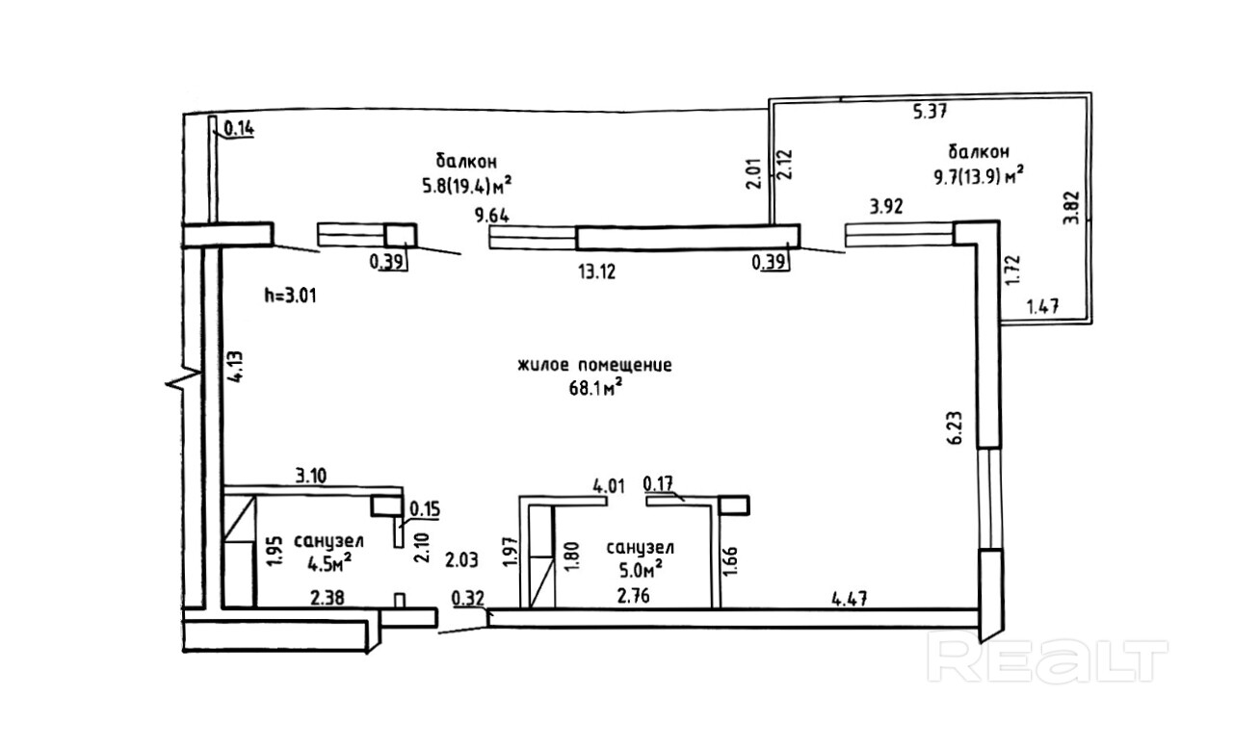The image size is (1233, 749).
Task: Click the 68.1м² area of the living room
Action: coord(593,386)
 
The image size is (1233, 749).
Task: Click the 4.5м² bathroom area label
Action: coord(328,561)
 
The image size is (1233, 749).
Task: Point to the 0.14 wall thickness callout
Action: coord(238,126)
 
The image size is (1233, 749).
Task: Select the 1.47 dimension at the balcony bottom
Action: coord(1043,309)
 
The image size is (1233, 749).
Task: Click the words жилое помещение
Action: coord(593,366)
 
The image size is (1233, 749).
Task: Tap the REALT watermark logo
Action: coord(1046,659)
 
